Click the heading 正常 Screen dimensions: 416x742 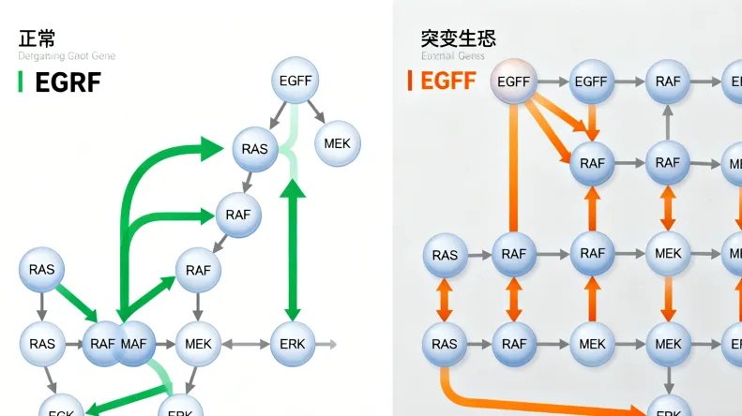(37, 38)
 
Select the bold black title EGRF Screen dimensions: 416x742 (68, 82)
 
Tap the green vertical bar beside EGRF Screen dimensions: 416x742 (21, 82)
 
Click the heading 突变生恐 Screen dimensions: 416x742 (459, 38)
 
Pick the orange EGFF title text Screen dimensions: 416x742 (448, 81)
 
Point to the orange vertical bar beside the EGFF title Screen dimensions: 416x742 (410, 81)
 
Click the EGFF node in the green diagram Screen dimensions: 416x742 (295, 81)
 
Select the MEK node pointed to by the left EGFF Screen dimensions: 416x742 (337, 144)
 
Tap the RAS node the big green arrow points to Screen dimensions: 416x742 (254, 149)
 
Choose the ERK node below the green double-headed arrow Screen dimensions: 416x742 (293, 344)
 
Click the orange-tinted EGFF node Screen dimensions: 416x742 (514, 82)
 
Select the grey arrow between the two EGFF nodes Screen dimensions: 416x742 (553, 82)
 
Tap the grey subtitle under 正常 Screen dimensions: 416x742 (67, 57)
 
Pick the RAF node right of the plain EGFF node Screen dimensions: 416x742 (668, 82)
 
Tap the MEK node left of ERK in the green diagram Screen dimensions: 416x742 (198, 344)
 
